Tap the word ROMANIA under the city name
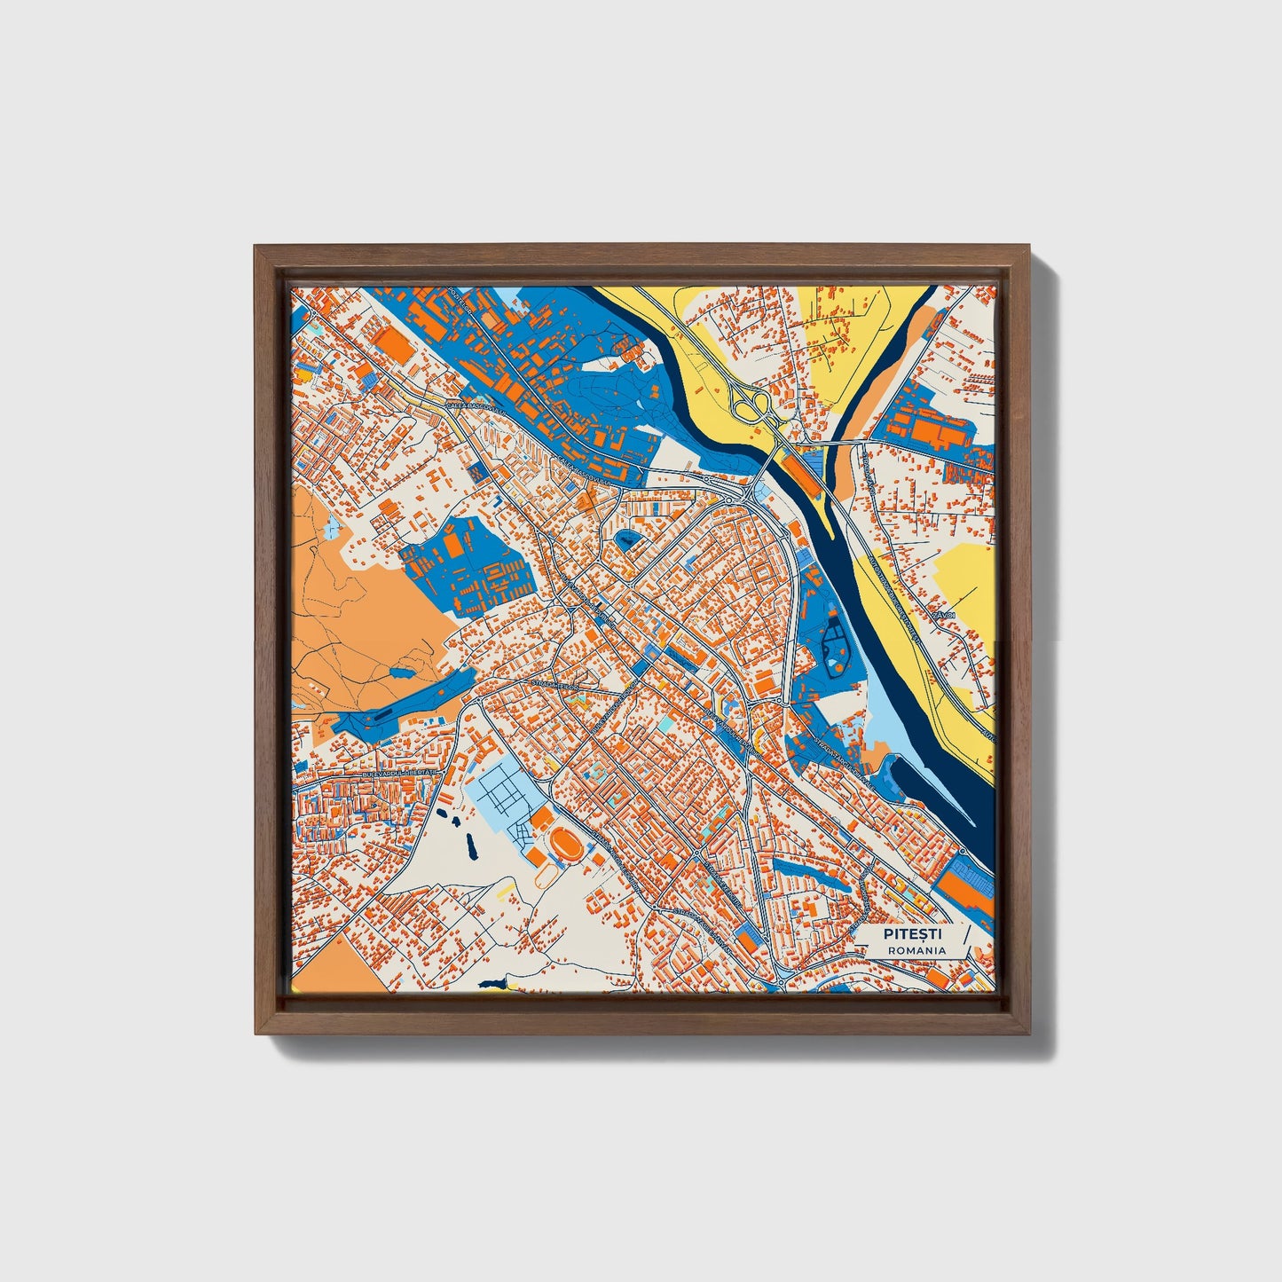[x=916, y=950]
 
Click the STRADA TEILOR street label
[x=554, y=684]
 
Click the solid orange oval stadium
[x=564, y=842]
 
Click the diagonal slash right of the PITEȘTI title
[x=964, y=941]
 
